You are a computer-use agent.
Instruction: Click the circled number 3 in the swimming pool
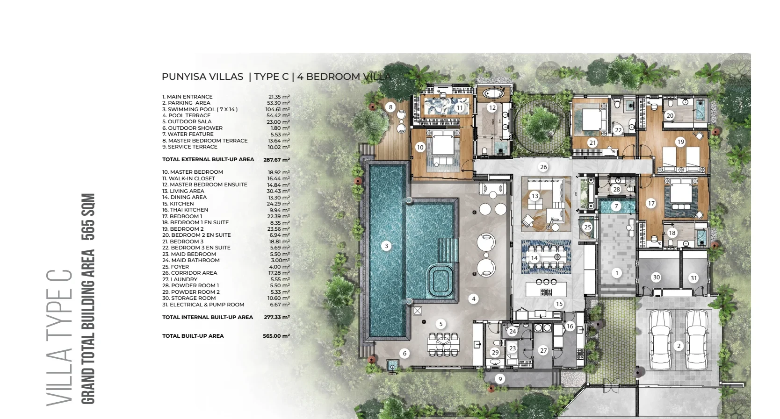[386, 246]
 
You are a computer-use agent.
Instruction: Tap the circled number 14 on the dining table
[534, 258]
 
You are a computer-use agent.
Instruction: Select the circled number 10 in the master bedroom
[420, 147]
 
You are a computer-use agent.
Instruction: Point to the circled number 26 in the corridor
[543, 167]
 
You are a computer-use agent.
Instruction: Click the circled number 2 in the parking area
[679, 346]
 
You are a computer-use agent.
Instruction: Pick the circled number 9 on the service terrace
[500, 379]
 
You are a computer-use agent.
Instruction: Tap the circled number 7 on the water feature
[616, 206]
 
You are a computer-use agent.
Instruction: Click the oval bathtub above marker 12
[493, 93]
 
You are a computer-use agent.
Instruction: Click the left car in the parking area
[661, 340]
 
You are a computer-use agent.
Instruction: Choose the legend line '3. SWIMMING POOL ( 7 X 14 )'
[200, 109]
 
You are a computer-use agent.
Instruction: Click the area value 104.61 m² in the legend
[277, 109]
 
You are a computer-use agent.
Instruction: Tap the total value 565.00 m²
[276, 336]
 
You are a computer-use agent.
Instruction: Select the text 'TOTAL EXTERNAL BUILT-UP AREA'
[208, 159]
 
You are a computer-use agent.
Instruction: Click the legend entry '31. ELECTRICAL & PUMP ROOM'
[203, 305]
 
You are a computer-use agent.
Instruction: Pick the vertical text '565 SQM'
[88, 217]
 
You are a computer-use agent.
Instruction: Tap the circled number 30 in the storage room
[656, 277]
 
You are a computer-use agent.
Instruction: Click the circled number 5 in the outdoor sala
[441, 324]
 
